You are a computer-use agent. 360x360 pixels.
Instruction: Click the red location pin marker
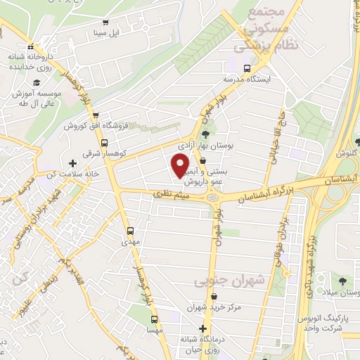click(180, 165)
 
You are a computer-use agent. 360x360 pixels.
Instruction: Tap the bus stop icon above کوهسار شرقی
click(96, 115)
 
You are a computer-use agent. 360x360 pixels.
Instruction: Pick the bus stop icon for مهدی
click(130, 231)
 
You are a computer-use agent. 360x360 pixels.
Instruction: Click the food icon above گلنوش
click(346, 142)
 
